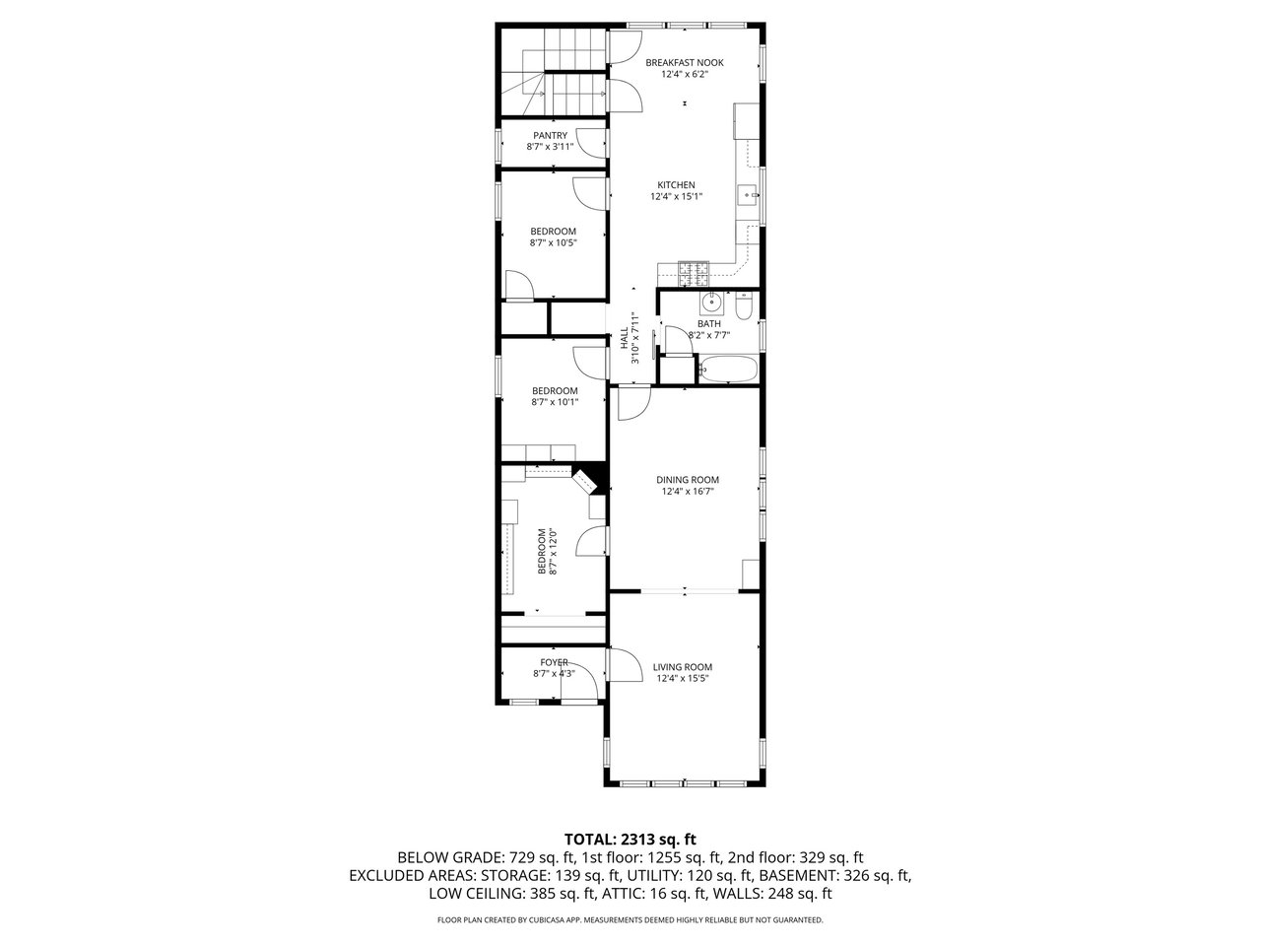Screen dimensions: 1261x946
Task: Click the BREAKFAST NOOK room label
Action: click(x=684, y=63)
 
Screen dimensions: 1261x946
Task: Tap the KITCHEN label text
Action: click(x=676, y=185)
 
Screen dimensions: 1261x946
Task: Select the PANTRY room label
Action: click(x=550, y=136)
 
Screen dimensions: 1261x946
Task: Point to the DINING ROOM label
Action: click(x=687, y=480)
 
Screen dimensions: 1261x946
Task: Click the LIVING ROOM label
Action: click(x=682, y=667)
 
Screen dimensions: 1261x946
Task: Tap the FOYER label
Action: click(x=554, y=662)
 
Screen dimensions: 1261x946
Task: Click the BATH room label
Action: click(x=709, y=324)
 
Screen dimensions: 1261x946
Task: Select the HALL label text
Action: click(x=625, y=338)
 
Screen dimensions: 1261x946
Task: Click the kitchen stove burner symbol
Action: click(x=694, y=274)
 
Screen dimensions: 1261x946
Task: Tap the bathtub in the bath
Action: click(x=728, y=369)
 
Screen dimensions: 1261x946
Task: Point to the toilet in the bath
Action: click(x=744, y=306)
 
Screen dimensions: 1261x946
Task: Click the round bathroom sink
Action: click(x=712, y=301)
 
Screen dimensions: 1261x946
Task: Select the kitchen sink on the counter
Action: click(x=748, y=195)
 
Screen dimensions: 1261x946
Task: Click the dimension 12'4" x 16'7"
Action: click(x=687, y=491)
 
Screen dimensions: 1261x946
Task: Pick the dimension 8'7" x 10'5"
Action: click(x=553, y=243)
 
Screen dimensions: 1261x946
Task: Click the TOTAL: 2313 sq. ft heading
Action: click(x=630, y=840)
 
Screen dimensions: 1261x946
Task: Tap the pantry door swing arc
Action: click(x=587, y=144)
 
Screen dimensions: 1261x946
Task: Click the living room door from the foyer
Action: click(x=625, y=664)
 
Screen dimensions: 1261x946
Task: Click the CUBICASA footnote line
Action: click(x=630, y=920)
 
